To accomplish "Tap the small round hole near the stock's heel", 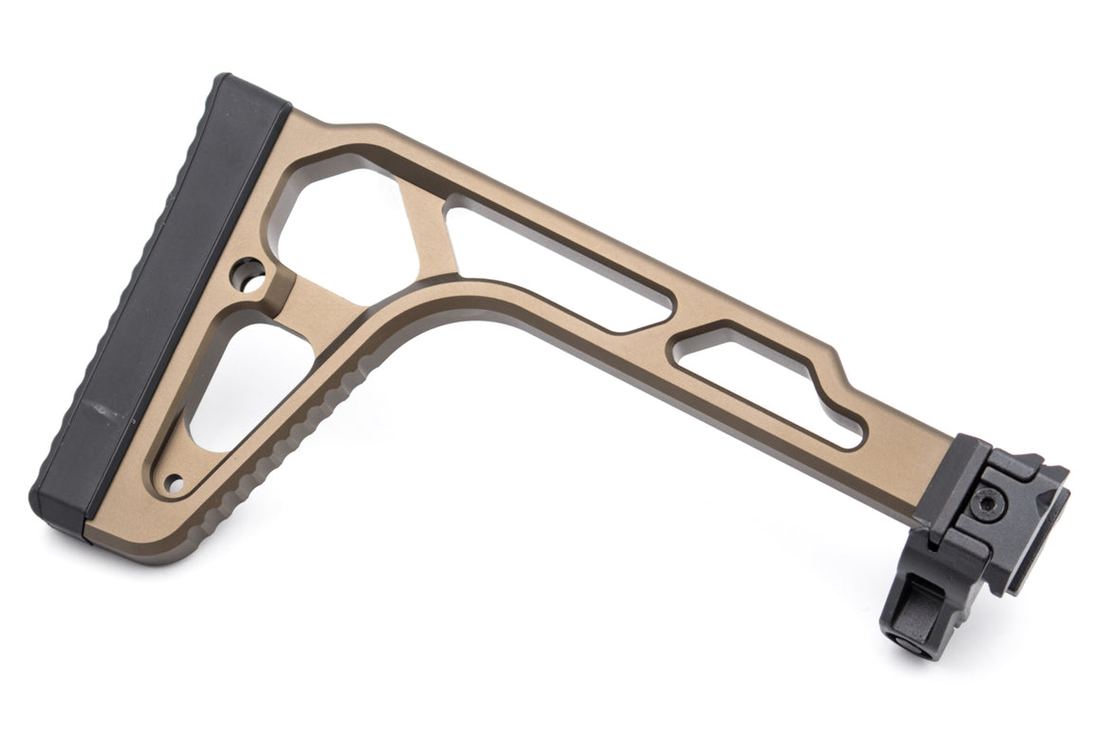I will click(173, 485).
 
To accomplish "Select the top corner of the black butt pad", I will click(228, 82).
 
